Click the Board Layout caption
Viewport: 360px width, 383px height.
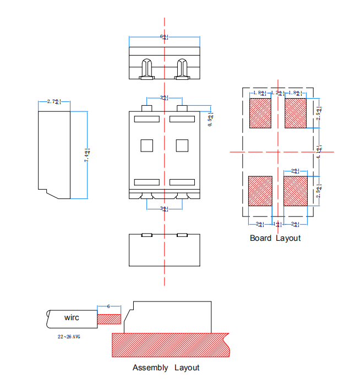click(x=275, y=238)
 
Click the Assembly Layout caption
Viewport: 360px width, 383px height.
click(x=166, y=368)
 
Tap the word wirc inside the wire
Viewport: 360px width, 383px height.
click(x=72, y=318)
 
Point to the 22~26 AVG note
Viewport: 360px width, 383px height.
click(x=69, y=336)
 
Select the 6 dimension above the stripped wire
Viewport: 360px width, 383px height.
click(x=108, y=306)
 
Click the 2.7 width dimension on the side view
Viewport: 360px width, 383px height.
click(x=54, y=101)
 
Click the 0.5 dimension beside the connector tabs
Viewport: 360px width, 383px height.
click(x=211, y=119)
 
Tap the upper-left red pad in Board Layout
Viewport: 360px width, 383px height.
click(x=260, y=113)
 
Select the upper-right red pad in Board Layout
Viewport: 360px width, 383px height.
click(x=294, y=113)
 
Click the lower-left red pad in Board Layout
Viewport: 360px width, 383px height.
click(x=260, y=191)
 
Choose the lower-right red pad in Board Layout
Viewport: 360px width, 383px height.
click(x=294, y=191)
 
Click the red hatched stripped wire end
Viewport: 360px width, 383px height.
click(x=109, y=319)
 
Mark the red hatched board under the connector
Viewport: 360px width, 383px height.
click(x=171, y=344)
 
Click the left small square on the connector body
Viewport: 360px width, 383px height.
click(x=147, y=145)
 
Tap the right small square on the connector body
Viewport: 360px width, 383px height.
click(x=182, y=145)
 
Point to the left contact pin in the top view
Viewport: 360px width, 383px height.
click(x=147, y=69)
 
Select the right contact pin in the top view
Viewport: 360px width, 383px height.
click(x=182, y=69)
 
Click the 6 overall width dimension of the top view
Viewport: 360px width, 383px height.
click(x=164, y=36)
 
